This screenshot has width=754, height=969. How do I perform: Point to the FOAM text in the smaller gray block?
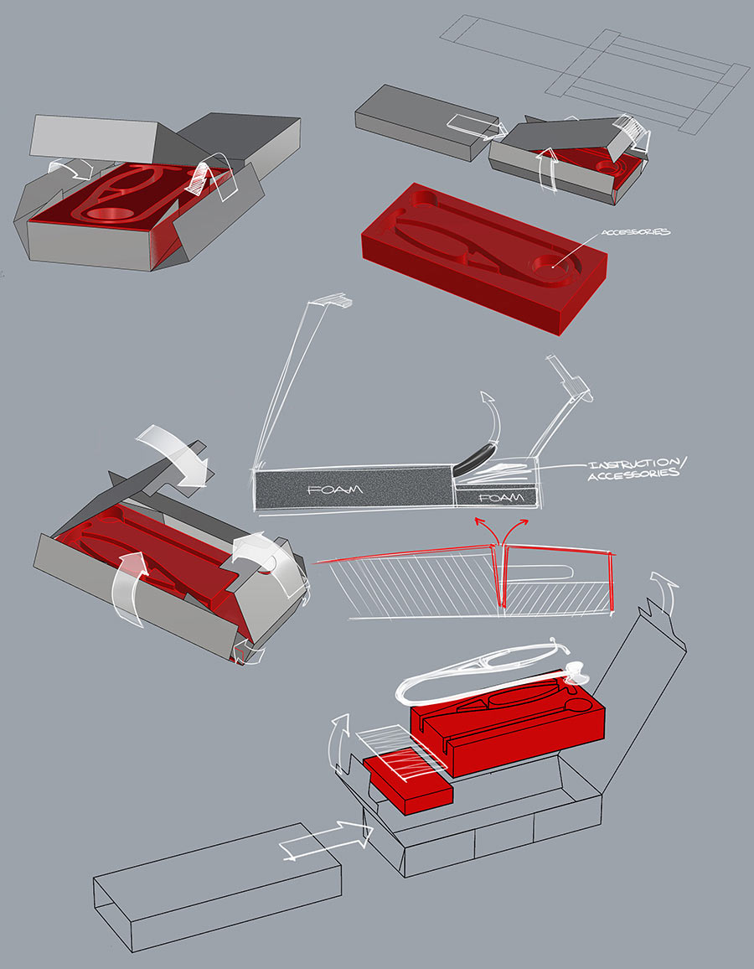pos(500,497)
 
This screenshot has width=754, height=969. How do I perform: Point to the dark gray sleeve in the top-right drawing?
pos(419,122)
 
